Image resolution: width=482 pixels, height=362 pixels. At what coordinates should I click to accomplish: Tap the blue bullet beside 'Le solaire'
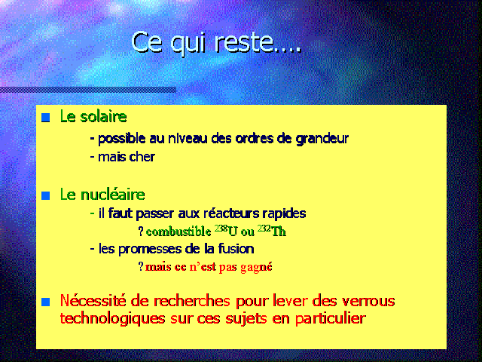click(x=45, y=118)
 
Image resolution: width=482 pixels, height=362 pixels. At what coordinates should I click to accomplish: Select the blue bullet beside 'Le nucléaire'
click(x=45, y=195)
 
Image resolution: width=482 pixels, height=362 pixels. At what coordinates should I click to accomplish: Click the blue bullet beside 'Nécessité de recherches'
click(x=45, y=302)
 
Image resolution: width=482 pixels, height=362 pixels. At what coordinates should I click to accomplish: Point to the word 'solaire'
click(x=103, y=116)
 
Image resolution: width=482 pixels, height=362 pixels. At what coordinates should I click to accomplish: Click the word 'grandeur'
click(x=322, y=139)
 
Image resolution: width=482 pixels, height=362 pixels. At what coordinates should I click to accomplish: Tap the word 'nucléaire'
click(x=112, y=195)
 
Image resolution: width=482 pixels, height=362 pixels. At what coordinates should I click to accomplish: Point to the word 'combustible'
click(x=178, y=232)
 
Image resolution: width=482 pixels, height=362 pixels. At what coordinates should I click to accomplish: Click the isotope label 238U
click(x=226, y=231)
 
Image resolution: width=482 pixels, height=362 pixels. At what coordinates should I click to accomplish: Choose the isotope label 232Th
click(x=272, y=231)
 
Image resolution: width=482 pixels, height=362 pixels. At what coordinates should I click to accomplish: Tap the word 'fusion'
click(x=236, y=248)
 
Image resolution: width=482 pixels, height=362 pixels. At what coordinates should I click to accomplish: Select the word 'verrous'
click(x=368, y=301)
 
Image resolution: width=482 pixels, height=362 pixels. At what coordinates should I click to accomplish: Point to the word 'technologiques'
click(x=112, y=318)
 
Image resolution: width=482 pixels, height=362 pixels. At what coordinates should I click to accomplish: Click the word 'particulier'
click(x=331, y=318)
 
